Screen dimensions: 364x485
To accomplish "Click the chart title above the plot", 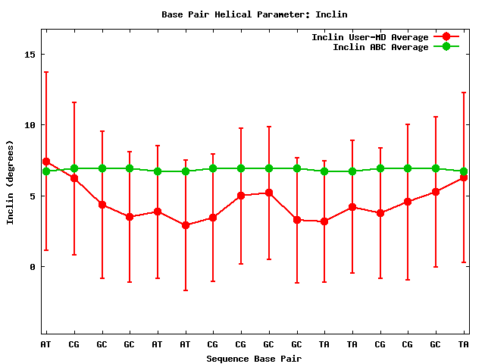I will [255, 14].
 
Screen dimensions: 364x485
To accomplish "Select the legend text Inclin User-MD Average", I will [370, 37].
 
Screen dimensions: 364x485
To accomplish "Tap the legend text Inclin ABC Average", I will [380, 47].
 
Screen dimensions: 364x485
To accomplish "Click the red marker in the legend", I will [446, 37].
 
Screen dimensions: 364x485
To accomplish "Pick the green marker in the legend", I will [446, 47].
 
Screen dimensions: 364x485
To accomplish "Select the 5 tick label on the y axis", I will [31, 196].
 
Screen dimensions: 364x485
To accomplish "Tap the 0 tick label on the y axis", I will [31, 267].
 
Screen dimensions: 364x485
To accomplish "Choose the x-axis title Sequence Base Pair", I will [255, 359].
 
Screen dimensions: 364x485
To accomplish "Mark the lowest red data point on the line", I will [186, 225].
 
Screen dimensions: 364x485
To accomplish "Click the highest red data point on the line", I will [46, 162].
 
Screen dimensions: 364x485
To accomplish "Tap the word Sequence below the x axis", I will [228, 359].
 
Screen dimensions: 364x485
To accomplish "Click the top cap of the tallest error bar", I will [46, 72].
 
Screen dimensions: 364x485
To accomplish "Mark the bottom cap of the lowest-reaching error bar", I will [186, 290].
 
